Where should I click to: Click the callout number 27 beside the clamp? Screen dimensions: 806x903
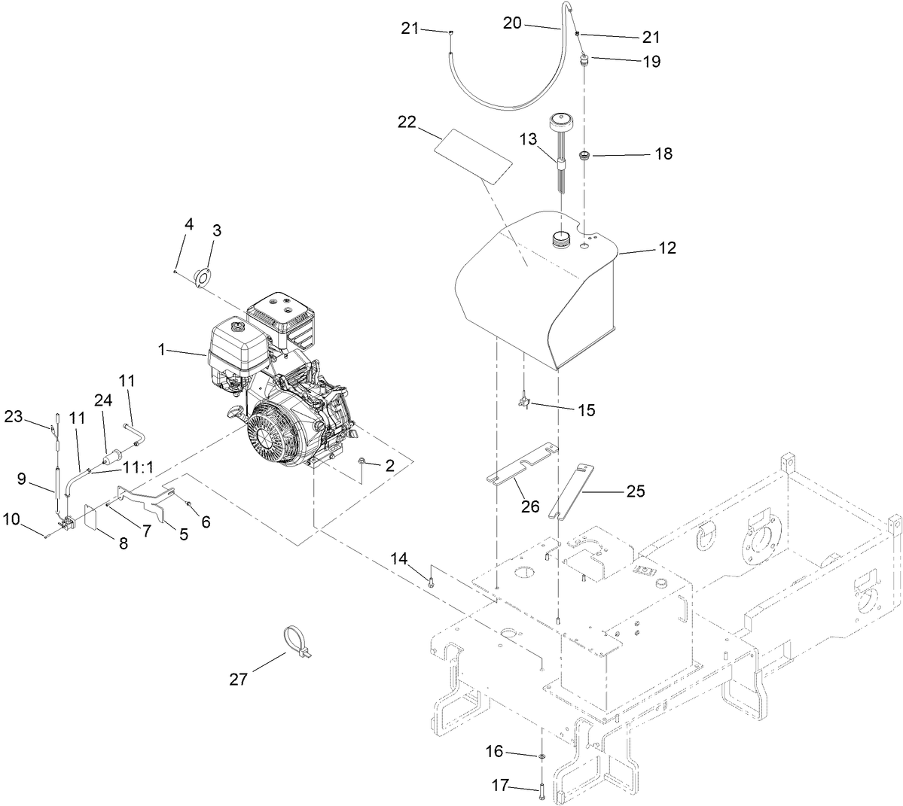[238, 678]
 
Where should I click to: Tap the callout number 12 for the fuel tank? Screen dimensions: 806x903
[667, 248]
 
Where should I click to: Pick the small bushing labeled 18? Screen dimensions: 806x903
[583, 156]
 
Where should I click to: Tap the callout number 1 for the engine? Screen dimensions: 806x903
[161, 349]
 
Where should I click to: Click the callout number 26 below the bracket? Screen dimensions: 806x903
[531, 506]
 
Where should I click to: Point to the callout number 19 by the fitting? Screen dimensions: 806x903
[651, 61]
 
